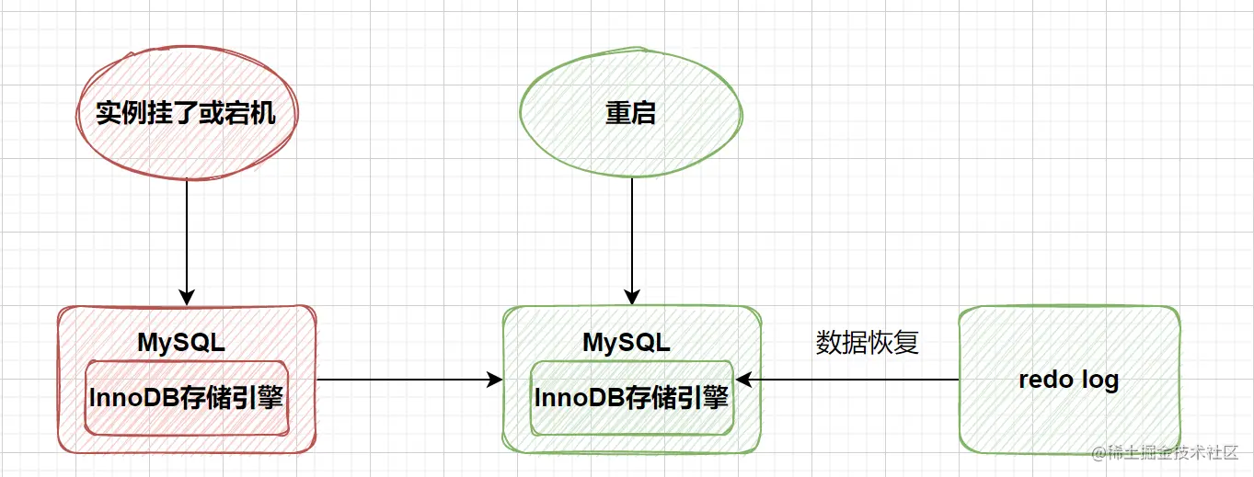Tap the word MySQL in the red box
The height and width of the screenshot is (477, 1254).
tap(181, 343)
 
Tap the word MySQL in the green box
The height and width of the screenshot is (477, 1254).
tap(627, 343)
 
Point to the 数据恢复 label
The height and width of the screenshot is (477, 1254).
tap(868, 343)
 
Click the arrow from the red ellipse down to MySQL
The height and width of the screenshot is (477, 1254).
tap(187, 239)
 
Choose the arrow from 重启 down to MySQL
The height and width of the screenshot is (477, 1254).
tap(631, 239)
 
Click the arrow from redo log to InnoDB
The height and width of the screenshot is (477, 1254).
tap(846, 380)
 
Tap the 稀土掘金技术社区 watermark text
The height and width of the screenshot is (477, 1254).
tap(1166, 454)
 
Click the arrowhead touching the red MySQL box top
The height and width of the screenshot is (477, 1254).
tap(187, 298)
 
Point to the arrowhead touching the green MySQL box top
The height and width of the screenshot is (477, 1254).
tap(631, 298)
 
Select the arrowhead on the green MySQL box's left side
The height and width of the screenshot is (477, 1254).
tap(495, 380)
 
